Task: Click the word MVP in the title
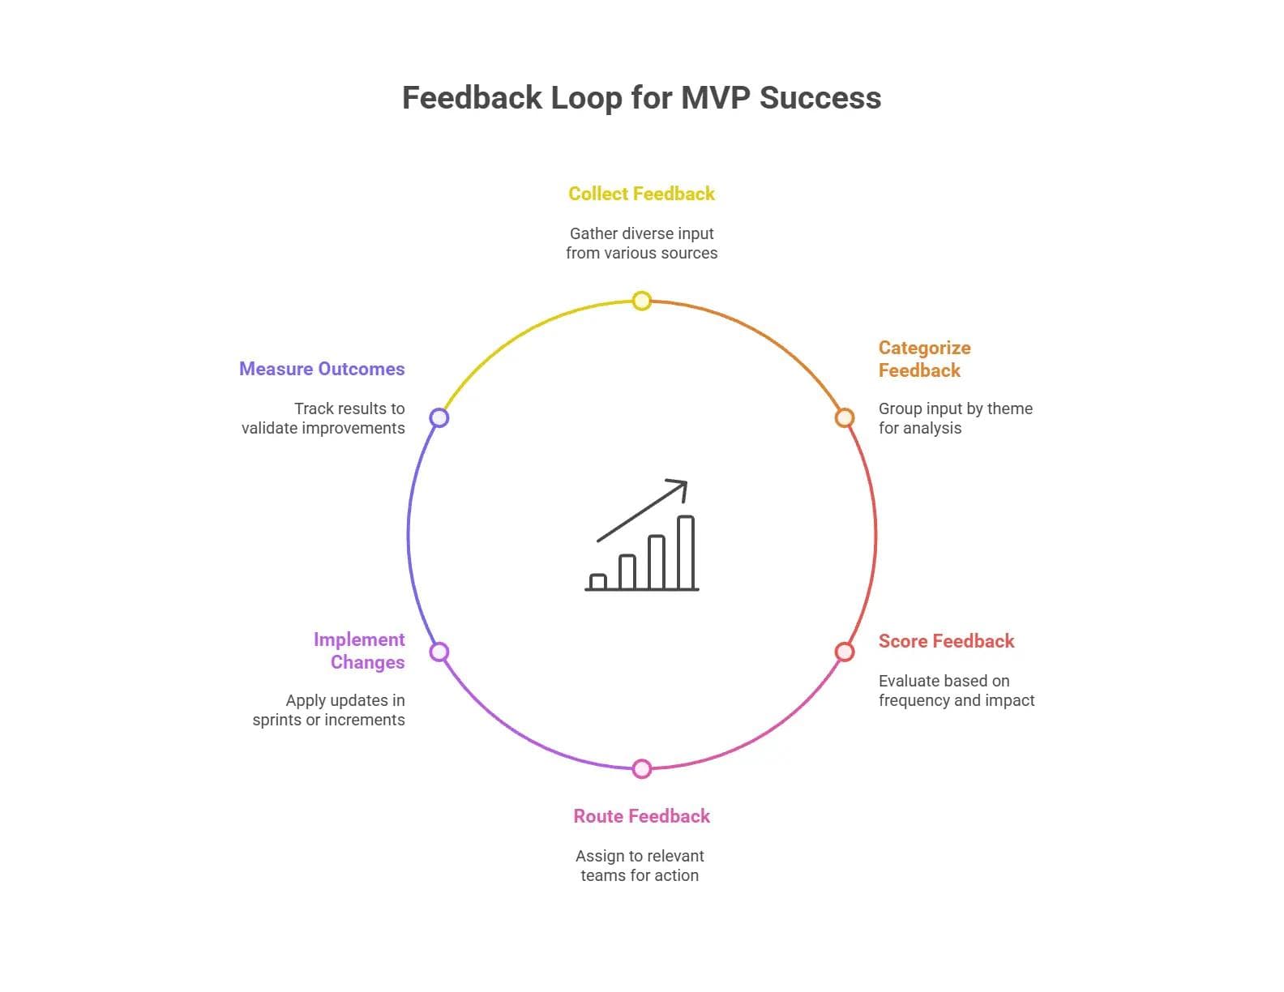click(x=716, y=98)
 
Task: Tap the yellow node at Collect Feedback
click(x=642, y=301)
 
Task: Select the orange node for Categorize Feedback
click(x=845, y=417)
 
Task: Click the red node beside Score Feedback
click(x=845, y=652)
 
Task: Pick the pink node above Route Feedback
click(x=642, y=768)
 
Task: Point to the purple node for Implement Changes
click(x=439, y=652)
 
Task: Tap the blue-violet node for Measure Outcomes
click(x=439, y=417)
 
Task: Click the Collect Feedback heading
click(x=642, y=194)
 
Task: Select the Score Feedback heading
click(x=946, y=641)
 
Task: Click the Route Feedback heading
click(x=642, y=816)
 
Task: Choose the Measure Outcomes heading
click(x=322, y=369)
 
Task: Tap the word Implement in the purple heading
click(x=359, y=639)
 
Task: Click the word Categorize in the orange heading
click(x=924, y=348)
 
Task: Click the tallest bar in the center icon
click(x=686, y=553)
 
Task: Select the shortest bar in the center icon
click(x=598, y=582)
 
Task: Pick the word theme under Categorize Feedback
click(x=1010, y=408)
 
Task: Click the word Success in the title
click(x=820, y=98)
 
